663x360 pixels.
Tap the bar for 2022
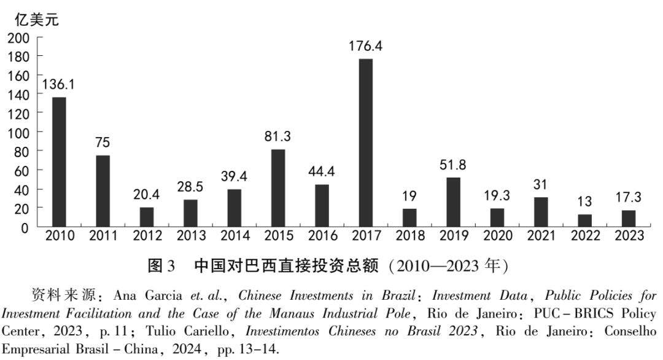click(584, 221)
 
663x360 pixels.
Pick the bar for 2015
click(278, 188)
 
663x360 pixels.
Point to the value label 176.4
click(366, 47)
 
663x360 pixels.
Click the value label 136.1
click(60, 85)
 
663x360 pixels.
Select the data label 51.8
click(454, 165)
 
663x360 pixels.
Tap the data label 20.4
click(147, 195)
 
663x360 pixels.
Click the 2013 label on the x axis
click(191, 236)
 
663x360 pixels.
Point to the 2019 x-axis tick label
click(454, 236)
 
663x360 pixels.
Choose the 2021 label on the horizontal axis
click(541, 236)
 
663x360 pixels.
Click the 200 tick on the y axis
click(18, 37)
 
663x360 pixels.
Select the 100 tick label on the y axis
click(18, 132)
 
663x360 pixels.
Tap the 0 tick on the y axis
click(25, 227)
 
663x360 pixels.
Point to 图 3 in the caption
click(162, 267)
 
